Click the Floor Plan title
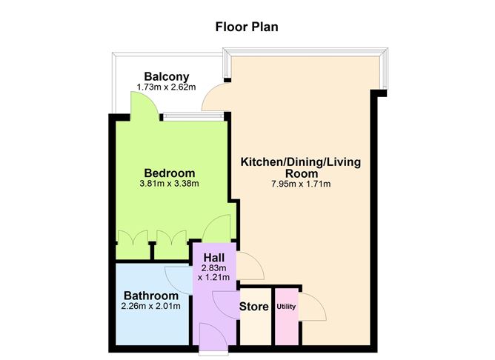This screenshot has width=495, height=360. click(247, 27)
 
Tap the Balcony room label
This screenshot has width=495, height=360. click(167, 76)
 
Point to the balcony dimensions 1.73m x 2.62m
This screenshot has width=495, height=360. click(167, 87)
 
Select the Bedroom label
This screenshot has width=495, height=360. click(170, 173)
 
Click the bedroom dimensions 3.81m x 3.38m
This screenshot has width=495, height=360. click(169, 183)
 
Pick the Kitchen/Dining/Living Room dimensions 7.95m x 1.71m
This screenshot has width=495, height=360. click(301, 184)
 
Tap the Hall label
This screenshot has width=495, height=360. click(214, 258)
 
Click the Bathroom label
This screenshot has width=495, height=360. click(151, 296)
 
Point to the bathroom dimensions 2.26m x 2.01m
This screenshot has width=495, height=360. click(151, 306)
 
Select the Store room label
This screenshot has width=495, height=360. click(254, 307)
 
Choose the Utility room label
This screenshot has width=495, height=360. click(286, 307)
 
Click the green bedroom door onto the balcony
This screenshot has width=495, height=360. click(144, 106)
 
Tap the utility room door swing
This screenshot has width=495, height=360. click(313, 307)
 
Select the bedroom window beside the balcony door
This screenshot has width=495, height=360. click(193, 117)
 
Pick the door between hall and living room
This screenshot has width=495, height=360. click(250, 266)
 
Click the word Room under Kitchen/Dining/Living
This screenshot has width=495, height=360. click(302, 173)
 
